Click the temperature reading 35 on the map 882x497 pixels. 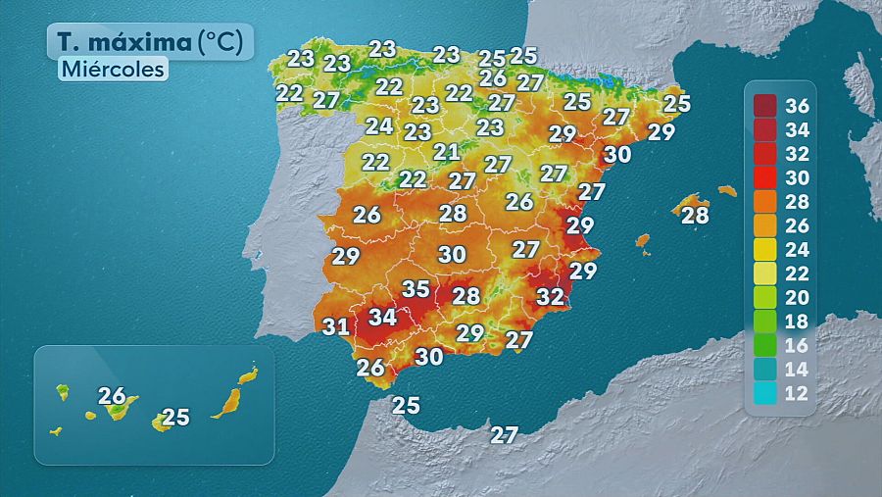coord(416,289)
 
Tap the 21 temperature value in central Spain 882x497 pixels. coord(447,152)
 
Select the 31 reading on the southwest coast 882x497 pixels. coord(336,326)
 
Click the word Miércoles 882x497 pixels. coord(112,70)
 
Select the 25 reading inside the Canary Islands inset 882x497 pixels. coord(174,418)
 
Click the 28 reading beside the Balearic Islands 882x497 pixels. coord(695,216)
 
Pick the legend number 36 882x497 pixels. coord(796,106)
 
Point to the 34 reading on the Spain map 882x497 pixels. coord(382,318)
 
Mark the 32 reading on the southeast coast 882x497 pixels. coord(551,296)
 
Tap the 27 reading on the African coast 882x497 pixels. coord(505,435)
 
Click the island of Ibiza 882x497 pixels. coord(643,240)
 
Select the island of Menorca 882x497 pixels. coord(727,190)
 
